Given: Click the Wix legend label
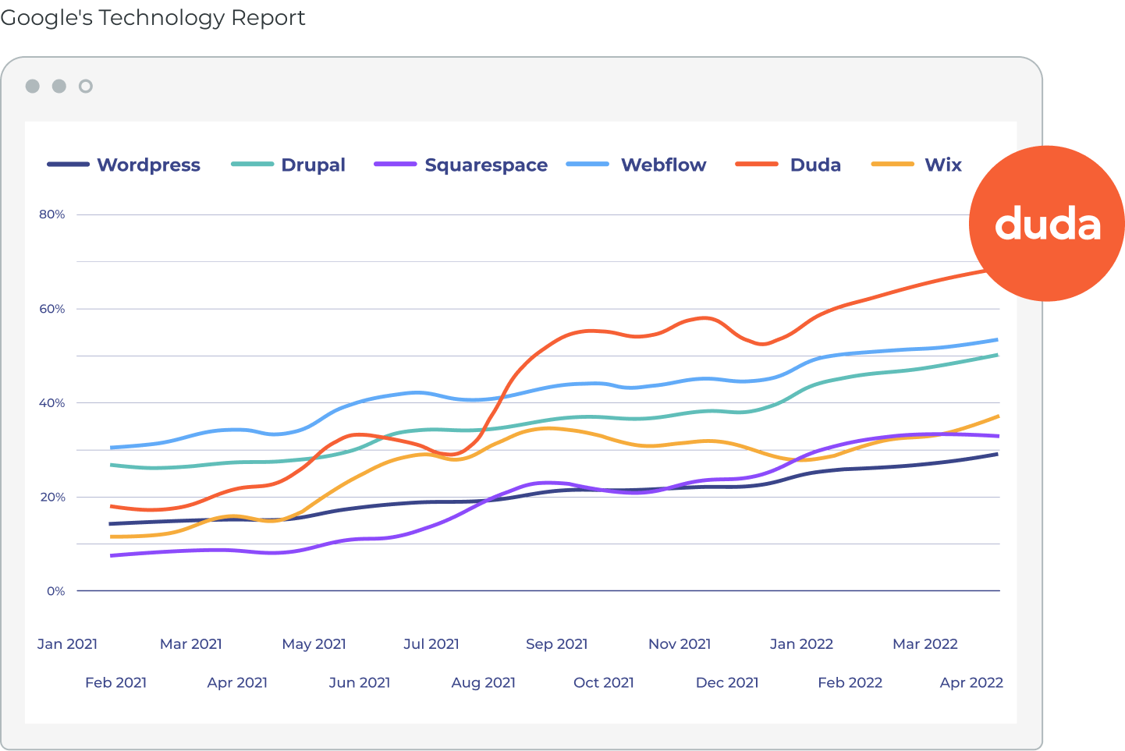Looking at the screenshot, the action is pos(943,165).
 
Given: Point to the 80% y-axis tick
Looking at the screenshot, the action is pos(52,214).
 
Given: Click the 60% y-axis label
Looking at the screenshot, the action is pos(52,309).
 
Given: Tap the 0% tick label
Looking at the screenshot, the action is pos(55,591).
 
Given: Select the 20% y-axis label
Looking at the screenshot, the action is pos(52,497).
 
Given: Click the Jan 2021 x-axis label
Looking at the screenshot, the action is pos(67,643).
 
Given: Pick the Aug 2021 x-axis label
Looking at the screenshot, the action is pos(483,682).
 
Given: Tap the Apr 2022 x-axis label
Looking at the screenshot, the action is pos(971,682).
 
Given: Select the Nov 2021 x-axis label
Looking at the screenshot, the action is pos(680,643).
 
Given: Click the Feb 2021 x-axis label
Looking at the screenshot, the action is pos(115,682).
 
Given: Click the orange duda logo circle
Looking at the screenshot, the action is pos(1047,223).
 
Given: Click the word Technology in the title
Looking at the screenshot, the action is pos(161,18).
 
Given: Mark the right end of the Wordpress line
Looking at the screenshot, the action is pos(997,455).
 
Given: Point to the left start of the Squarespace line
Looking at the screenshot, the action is pos(111,555).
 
